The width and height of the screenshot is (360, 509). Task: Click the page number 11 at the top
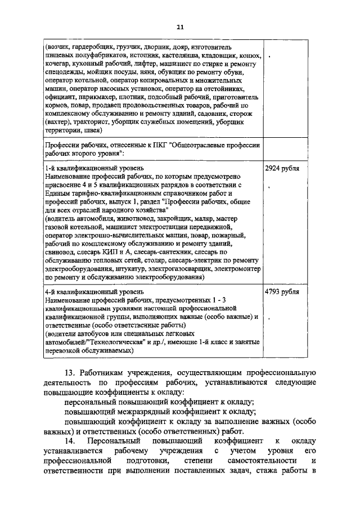point(180,26)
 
